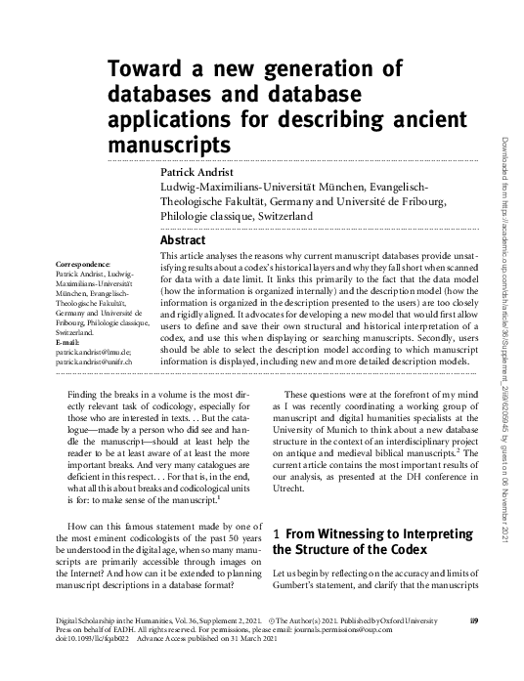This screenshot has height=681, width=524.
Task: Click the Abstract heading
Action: [182, 240]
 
